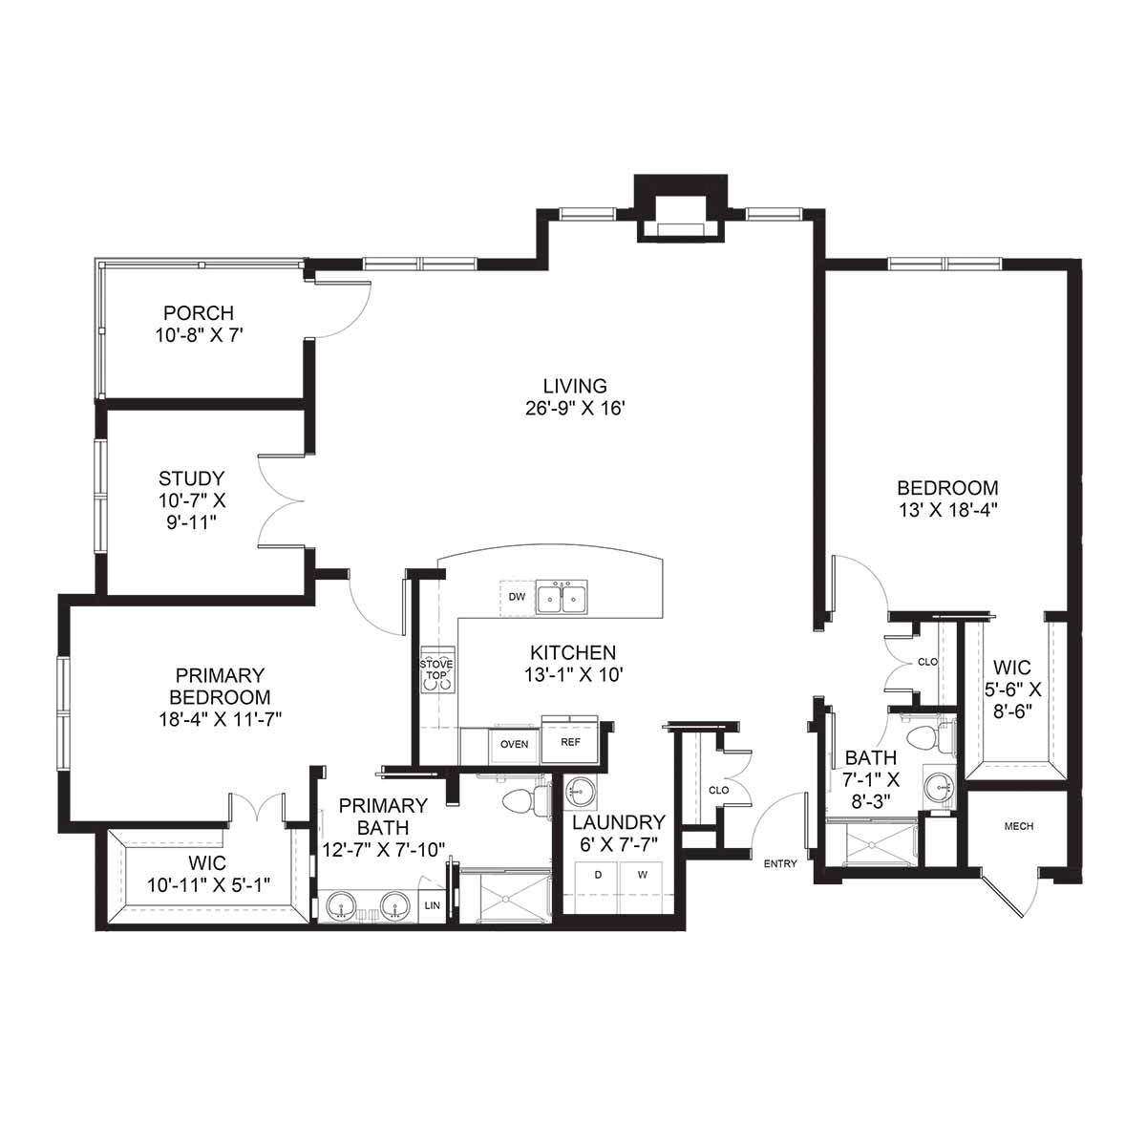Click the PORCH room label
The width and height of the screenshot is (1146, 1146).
click(x=199, y=313)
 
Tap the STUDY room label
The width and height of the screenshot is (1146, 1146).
click(x=192, y=478)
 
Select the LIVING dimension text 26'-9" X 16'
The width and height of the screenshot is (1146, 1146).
click(x=575, y=409)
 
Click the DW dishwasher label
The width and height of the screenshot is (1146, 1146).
click(x=517, y=597)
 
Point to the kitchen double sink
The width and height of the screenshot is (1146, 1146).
click(x=562, y=598)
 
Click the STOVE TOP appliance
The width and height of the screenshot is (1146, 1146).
click(x=437, y=670)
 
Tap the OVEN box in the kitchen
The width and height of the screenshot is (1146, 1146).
click(x=514, y=745)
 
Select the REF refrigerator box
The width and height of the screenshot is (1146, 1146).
click(x=570, y=741)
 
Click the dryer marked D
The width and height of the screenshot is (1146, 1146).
click(x=598, y=885)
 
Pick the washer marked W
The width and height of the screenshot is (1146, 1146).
click(x=642, y=885)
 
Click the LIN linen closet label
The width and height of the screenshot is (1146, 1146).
click(x=433, y=905)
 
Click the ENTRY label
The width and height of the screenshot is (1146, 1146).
click(x=780, y=863)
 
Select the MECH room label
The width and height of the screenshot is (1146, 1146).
click(x=1019, y=826)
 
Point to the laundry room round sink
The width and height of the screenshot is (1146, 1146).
click(x=580, y=793)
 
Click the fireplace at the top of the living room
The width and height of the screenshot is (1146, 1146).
click(x=681, y=208)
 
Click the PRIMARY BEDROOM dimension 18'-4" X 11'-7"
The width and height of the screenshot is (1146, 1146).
click(x=220, y=719)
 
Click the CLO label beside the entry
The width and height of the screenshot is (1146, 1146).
click(x=719, y=791)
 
